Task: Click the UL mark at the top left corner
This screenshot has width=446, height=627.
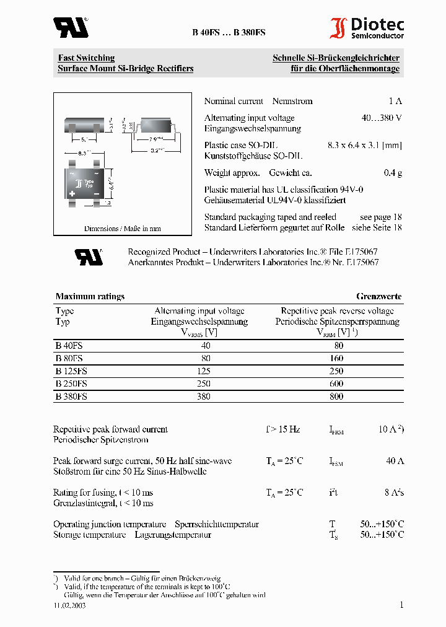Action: [71, 27]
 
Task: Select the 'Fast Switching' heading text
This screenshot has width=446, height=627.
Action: [86, 58]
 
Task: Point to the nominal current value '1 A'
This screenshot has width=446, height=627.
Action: [395, 101]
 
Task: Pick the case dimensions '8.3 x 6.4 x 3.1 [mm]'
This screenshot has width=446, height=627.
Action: [364, 145]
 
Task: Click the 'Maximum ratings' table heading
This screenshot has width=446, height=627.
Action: [90, 296]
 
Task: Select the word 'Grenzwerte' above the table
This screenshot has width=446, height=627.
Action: [378, 296]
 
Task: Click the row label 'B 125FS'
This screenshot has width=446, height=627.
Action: [71, 371]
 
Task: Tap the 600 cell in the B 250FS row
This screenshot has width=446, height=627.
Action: [337, 384]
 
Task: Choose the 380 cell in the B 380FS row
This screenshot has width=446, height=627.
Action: [203, 397]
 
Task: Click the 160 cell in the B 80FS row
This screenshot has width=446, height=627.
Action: [337, 358]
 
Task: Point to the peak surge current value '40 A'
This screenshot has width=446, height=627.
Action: [394, 461]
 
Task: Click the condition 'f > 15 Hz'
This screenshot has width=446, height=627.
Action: [282, 429]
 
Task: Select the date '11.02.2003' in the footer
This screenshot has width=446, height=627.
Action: [69, 605]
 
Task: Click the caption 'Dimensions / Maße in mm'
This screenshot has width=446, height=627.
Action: [122, 229]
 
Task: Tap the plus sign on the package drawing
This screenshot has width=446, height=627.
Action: [72, 194]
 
